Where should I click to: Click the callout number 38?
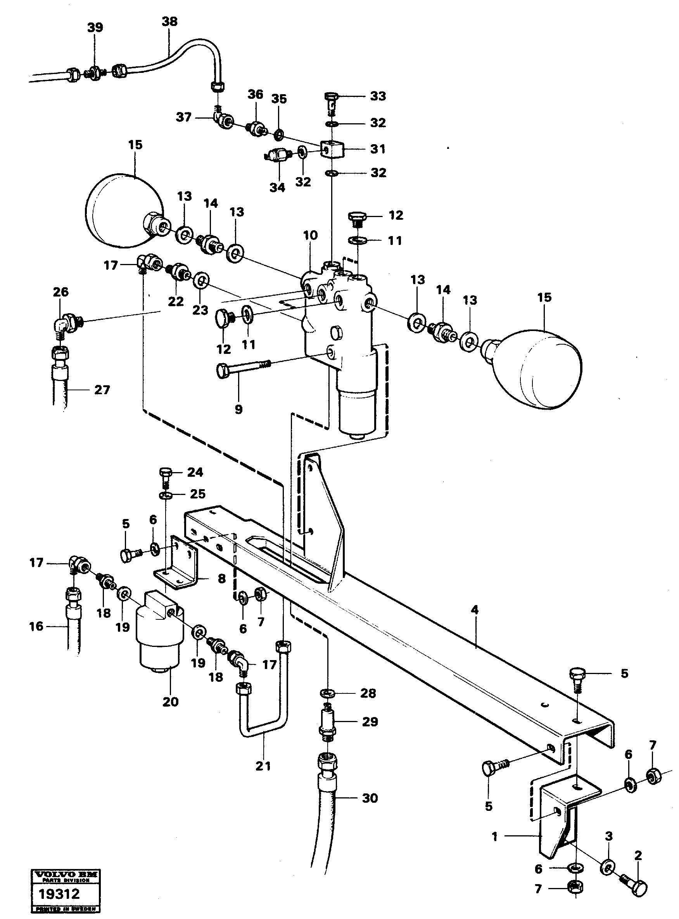pos(169,21)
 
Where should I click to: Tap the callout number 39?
pos(95,27)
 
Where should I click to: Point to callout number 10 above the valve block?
pos(310,235)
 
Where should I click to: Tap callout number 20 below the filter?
pos(170,702)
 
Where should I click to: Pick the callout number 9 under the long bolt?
pos(238,409)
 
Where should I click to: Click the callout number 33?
pos(378,96)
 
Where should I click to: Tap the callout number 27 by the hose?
pos(102,390)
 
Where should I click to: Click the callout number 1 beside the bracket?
pos(494,836)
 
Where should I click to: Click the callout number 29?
pos(370,722)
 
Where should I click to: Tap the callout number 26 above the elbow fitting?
pos(60,292)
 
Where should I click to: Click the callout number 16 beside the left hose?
pos(36,626)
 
